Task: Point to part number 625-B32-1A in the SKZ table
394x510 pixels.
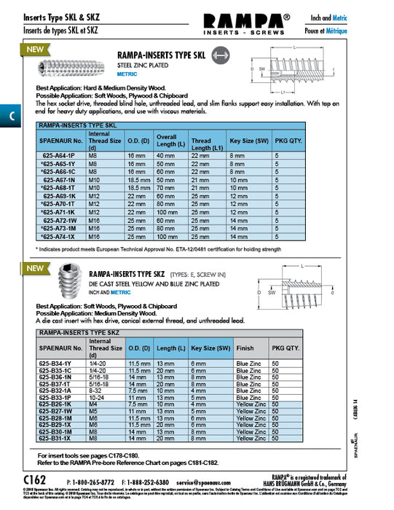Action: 60,390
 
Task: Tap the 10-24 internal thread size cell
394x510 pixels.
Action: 99,396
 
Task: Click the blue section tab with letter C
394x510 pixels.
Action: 9,116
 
